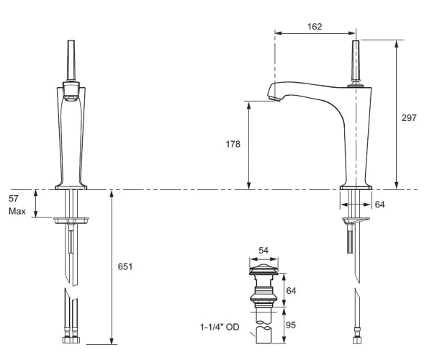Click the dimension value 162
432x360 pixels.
[315, 27]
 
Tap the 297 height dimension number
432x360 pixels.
[409, 117]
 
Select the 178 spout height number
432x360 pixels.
[233, 144]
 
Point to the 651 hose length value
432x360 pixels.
[125, 266]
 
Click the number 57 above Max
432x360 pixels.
[14, 198]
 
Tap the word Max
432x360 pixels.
[17, 211]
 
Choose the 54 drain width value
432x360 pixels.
[264, 250]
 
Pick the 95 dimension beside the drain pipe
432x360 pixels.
[291, 325]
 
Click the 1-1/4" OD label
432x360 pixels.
[220, 327]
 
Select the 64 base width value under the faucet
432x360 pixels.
[379, 204]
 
